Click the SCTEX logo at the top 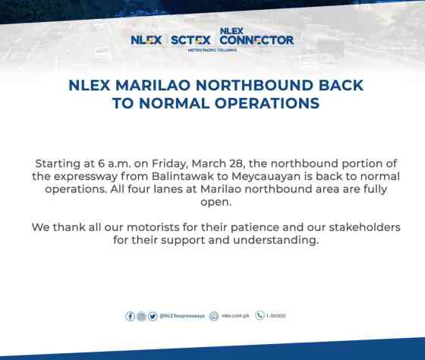tap(190, 39)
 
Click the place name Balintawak tap(194, 175)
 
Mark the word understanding tap(275, 240)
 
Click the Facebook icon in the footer tap(131, 316)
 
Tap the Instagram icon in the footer tap(141, 316)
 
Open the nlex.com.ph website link tap(235, 316)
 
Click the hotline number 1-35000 tap(277, 316)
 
